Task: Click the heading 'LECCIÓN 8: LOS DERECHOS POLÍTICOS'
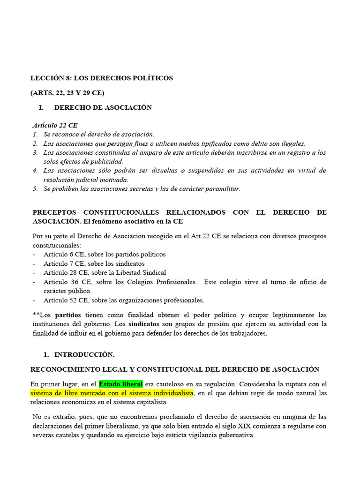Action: pos(102,78)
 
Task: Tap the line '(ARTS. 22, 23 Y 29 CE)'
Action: pos(67,92)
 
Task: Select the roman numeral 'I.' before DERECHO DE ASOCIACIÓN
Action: pos(41,107)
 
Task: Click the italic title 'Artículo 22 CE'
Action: pos(55,126)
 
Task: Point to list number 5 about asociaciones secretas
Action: pos(35,189)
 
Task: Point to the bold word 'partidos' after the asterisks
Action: pos(68,315)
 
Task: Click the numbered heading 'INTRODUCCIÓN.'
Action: pos(84,354)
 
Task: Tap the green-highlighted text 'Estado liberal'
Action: pos(121,384)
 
